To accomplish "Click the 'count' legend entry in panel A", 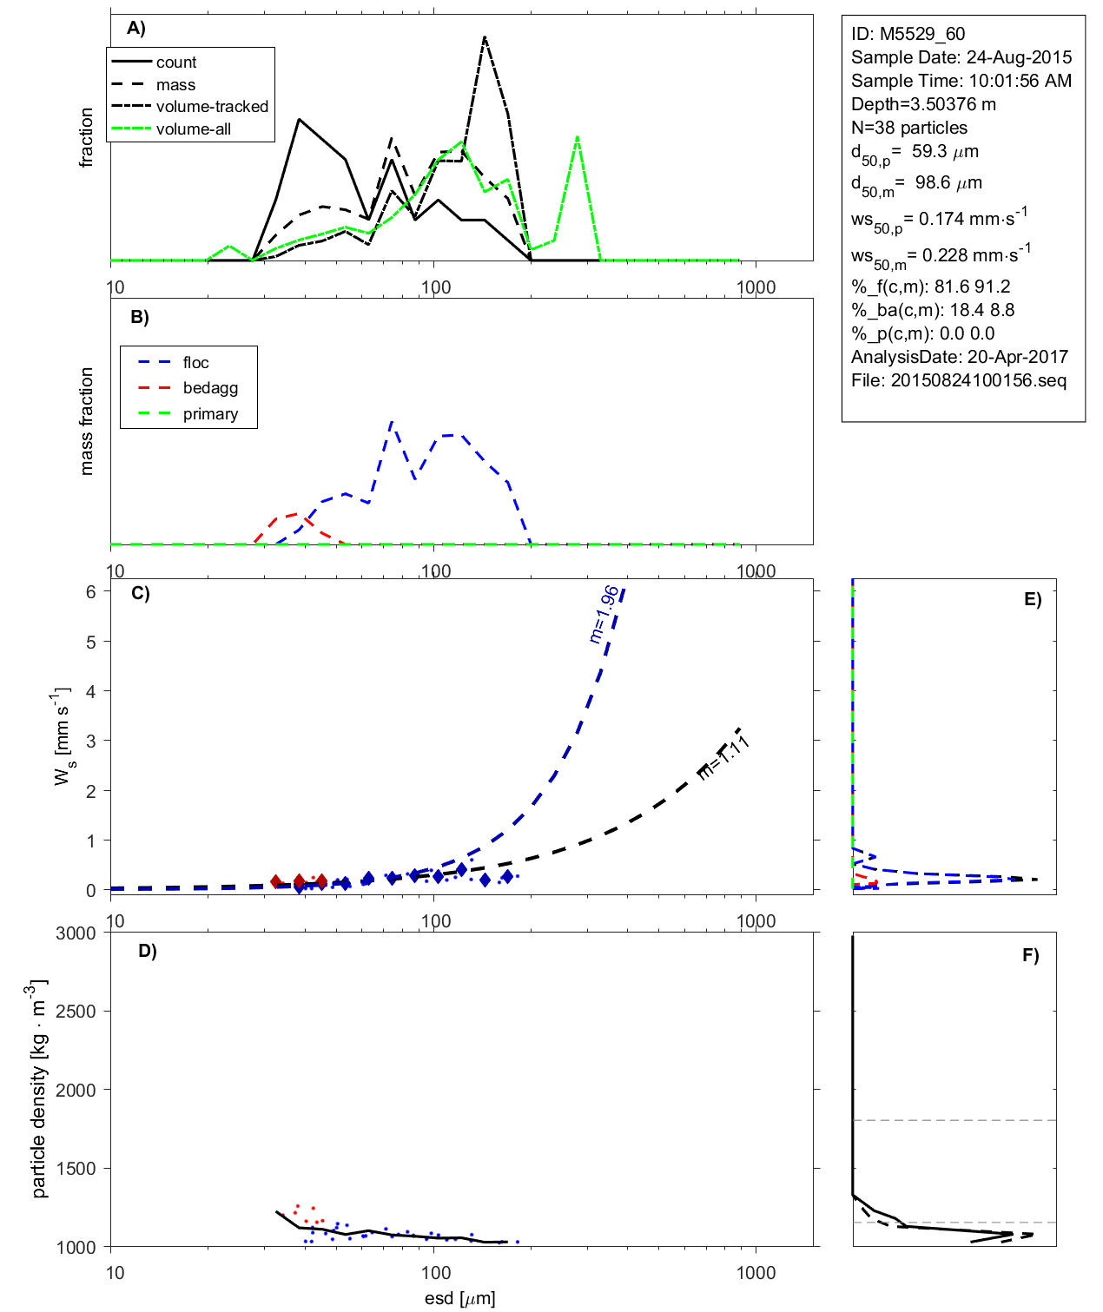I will click(176, 63).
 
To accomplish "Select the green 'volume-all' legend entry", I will click(193, 129).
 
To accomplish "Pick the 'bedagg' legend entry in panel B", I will click(210, 388).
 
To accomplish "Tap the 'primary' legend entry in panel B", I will click(210, 414).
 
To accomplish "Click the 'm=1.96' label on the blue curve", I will click(604, 614).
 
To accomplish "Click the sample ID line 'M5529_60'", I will click(908, 34).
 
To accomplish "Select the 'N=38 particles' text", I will click(908, 128).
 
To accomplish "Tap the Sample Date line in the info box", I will click(961, 57).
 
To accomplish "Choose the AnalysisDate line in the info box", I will click(959, 357).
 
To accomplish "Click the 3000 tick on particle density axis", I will click(76, 933).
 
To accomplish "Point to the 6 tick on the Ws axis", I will click(90, 591).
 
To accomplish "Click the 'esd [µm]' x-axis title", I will click(460, 1299).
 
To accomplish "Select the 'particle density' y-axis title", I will click(39, 1089).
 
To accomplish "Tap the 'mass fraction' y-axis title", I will click(86, 421).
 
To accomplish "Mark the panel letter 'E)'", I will click(1032, 599).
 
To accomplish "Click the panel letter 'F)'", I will click(1030, 955).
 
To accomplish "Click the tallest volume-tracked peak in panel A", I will click(484, 37).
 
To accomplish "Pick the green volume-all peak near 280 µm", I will click(578, 137).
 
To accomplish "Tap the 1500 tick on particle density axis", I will click(76, 1169).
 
